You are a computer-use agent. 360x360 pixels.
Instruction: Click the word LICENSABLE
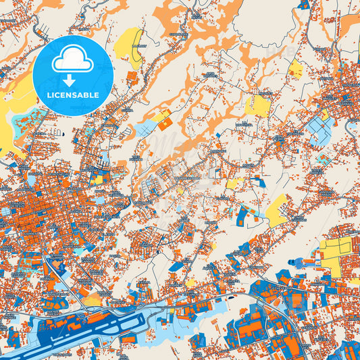click(x=73, y=95)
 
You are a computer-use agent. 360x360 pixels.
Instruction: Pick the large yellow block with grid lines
click(x=336, y=254)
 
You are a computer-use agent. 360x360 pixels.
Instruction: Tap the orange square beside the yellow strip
click(x=165, y=124)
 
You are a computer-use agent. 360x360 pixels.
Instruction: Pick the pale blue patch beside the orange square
click(x=145, y=128)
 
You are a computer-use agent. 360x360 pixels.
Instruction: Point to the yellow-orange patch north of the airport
click(x=91, y=297)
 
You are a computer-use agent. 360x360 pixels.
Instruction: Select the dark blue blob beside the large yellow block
click(x=311, y=257)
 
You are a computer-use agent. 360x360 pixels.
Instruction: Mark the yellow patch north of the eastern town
click(x=295, y=68)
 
